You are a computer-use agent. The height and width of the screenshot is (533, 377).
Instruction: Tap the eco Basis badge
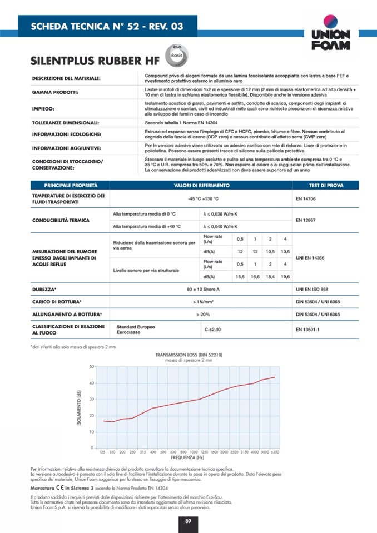tap(177, 56)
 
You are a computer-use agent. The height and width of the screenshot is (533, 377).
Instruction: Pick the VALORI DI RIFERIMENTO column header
tap(201, 185)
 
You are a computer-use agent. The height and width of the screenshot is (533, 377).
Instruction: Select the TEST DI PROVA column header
tap(326, 185)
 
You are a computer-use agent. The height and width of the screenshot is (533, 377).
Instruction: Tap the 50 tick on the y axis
tap(91, 367)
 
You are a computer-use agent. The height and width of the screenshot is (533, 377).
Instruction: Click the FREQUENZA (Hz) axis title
tap(186, 458)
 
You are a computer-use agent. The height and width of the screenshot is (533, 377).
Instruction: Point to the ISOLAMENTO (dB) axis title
tap(78, 407)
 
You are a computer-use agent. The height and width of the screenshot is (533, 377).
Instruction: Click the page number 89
tap(188, 521)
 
